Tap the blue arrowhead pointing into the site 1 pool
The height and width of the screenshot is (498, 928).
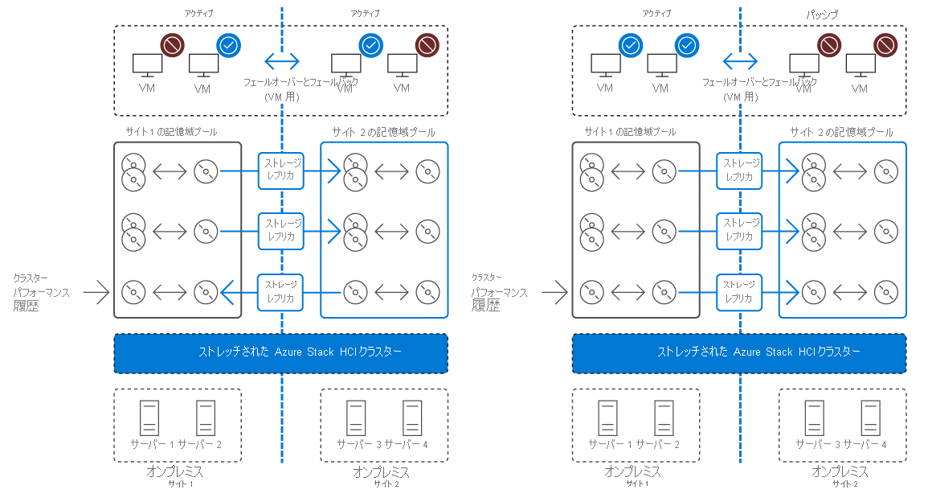[227, 288]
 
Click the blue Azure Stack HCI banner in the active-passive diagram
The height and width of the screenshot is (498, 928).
[738, 353]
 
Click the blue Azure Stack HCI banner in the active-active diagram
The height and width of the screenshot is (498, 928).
[280, 353]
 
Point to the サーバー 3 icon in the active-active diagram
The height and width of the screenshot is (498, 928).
[356, 418]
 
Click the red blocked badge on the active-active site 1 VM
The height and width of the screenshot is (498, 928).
[171, 45]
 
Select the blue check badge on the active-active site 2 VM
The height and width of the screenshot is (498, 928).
[370, 45]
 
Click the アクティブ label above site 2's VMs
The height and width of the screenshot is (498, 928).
[366, 14]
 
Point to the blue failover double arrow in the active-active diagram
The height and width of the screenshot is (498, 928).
[282, 60]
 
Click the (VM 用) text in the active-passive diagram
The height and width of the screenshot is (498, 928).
[740, 97]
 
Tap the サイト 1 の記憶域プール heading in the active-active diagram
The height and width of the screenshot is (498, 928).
[170, 131]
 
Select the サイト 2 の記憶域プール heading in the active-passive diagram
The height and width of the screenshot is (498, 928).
[841, 132]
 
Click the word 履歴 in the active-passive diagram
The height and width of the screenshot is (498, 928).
[486, 306]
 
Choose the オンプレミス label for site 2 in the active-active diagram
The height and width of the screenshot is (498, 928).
[382, 471]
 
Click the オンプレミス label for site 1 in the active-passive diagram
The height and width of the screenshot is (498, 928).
[632, 471]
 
